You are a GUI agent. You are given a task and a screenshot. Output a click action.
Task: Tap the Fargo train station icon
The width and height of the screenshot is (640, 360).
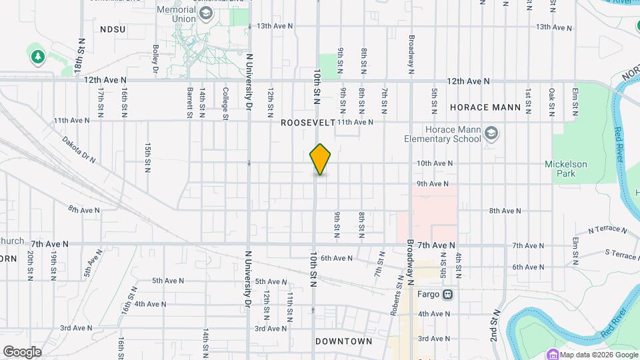(448, 294)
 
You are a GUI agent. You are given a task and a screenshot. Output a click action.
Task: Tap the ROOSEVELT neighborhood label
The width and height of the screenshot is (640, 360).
(307, 123)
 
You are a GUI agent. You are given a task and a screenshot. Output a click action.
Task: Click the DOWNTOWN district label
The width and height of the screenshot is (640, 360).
(344, 341)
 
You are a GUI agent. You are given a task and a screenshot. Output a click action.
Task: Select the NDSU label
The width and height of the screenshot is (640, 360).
(113, 29)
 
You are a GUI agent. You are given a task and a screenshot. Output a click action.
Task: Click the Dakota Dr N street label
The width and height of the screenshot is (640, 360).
(79, 151)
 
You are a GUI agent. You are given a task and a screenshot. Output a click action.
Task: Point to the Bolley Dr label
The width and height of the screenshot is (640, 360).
(155, 59)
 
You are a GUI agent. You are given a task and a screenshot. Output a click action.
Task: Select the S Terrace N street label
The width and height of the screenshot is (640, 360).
(621, 255)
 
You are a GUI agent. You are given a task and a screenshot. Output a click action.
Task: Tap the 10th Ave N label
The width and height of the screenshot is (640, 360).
(435, 163)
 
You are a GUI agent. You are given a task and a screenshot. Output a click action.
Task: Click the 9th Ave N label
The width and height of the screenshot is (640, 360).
(432, 183)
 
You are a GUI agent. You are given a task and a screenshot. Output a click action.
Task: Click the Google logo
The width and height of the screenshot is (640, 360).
(22, 352)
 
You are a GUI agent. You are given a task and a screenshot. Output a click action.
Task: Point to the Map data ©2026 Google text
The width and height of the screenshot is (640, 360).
(598, 354)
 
